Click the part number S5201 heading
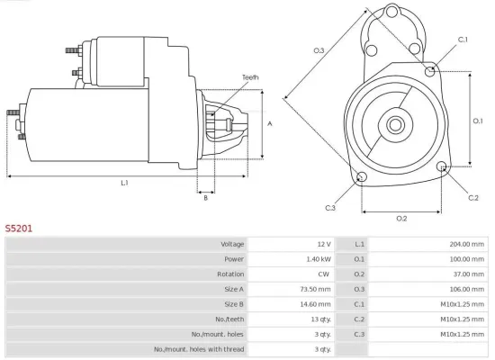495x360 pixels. pyautogui.click(x=19, y=229)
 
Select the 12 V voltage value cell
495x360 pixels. pyautogui.click(x=323, y=245)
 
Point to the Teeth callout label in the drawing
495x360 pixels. pyautogui.click(x=250, y=77)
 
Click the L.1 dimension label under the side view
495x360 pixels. pyautogui.click(x=124, y=183)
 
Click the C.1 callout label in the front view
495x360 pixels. pyautogui.click(x=463, y=40)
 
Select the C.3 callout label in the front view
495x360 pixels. pyautogui.click(x=330, y=208)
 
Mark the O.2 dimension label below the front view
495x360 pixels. pyautogui.click(x=401, y=219)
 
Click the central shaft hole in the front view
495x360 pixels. pyautogui.click(x=396, y=121)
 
